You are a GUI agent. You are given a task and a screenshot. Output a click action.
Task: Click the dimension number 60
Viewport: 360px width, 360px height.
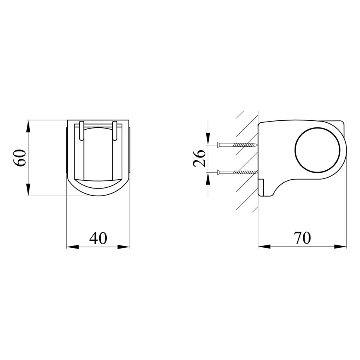tap(19, 158)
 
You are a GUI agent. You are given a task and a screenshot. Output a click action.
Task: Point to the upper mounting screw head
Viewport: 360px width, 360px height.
tap(218, 145)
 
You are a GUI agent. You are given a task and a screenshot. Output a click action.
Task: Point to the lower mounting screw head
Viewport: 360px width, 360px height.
tap(218, 172)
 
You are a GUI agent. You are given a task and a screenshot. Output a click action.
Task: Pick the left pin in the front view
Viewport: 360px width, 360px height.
tap(81, 130)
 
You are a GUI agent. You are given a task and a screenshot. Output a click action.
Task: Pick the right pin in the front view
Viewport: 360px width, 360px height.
tap(115, 130)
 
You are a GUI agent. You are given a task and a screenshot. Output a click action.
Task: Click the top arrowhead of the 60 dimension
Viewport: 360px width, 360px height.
tap(28, 126)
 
